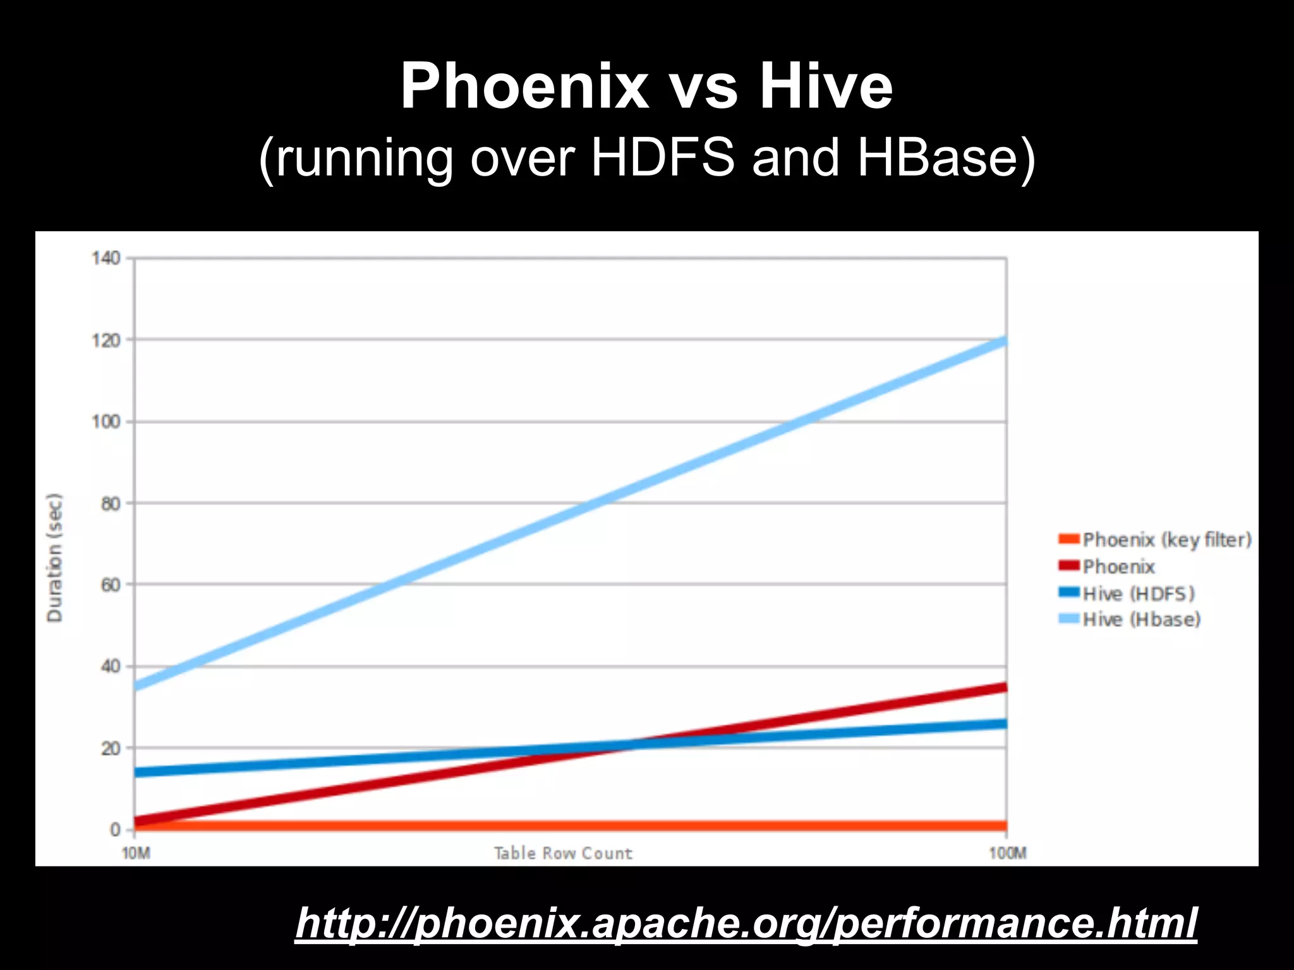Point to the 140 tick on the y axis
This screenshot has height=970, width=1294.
[x=106, y=258]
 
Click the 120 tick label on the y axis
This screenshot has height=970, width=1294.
[x=106, y=340]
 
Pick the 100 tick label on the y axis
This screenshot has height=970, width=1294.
[x=106, y=422]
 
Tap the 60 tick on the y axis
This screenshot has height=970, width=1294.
[x=110, y=585]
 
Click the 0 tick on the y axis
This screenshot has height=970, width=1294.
[x=115, y=829]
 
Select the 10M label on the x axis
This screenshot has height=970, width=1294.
[x=136, y=854]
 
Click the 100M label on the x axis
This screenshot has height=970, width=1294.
[x=1008, y=854]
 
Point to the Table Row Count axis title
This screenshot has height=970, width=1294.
[x=562, y=854]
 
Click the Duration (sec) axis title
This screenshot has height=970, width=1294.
[x=55, y=558]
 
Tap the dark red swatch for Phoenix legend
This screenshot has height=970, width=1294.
[x=1069, y=566]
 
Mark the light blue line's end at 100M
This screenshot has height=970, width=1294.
[x=1005, y=342]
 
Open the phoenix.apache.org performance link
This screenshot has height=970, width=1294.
[x=746, y=923]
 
